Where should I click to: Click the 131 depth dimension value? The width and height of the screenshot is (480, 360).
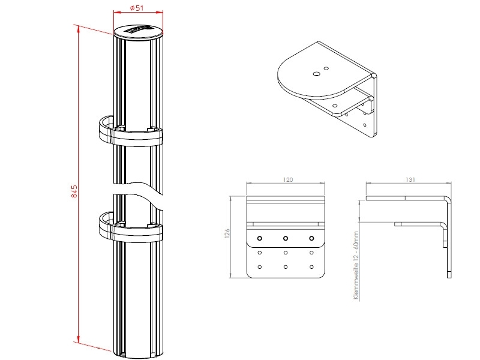click(x=411, y=179)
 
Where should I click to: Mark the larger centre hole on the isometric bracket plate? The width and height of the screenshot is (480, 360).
click(x=316, y=74)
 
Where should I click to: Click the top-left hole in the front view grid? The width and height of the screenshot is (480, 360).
click(x=259, y=238)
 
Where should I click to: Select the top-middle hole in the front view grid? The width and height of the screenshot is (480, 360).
click(x=286, y=238)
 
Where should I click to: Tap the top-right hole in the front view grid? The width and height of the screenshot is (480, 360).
click(x=311, y=238)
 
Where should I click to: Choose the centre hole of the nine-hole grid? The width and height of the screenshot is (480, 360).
click(x=286, y=253)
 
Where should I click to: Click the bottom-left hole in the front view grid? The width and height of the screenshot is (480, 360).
click(x=259, y=266)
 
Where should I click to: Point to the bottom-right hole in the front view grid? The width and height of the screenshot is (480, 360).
click(x=311, y=266)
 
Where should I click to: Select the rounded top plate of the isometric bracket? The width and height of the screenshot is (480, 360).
click(x=312, y=78)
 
